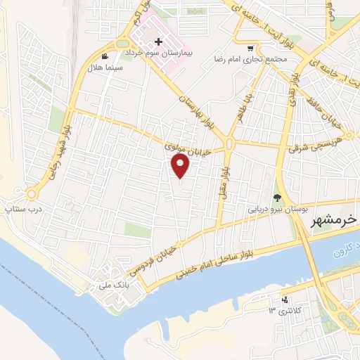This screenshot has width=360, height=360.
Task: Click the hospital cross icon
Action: point(158,42)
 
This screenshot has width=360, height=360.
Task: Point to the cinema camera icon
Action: point(105,56)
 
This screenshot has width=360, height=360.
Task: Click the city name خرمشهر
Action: point(334,220)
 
